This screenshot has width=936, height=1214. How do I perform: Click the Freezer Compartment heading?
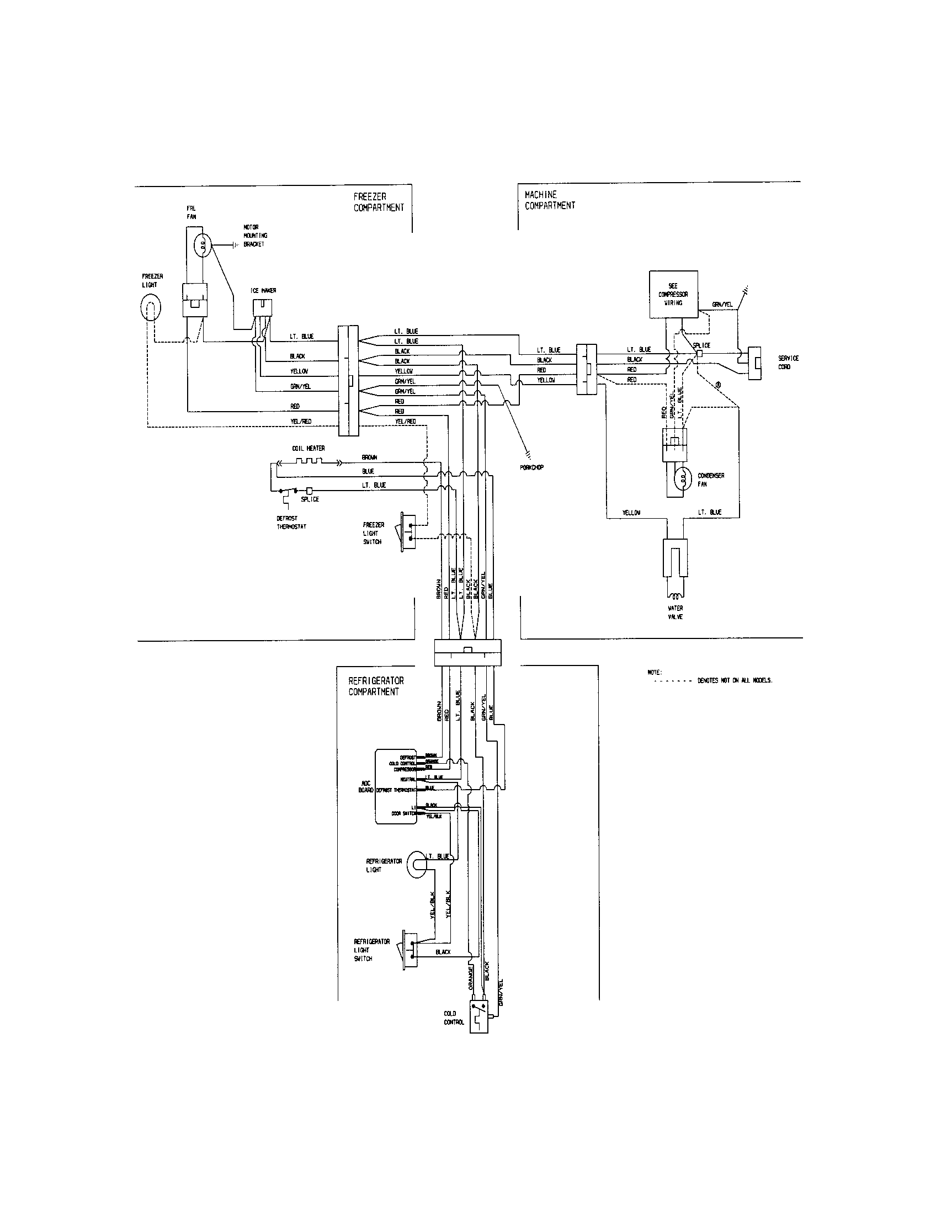point(379,202)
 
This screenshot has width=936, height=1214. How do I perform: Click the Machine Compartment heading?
point(550,200)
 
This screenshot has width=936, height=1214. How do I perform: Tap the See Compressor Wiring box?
point(673,295)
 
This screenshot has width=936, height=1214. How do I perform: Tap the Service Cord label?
point(788,363)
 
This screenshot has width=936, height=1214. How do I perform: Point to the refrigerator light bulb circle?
point(416,865)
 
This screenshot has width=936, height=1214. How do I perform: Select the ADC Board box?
point(396,786)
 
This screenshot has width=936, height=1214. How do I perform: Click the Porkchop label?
point(532,467)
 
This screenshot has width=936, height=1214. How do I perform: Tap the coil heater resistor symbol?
point(308,461)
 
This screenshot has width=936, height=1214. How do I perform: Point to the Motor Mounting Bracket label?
point(255,236)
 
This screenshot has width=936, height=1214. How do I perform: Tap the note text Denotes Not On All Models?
point(735,680)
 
